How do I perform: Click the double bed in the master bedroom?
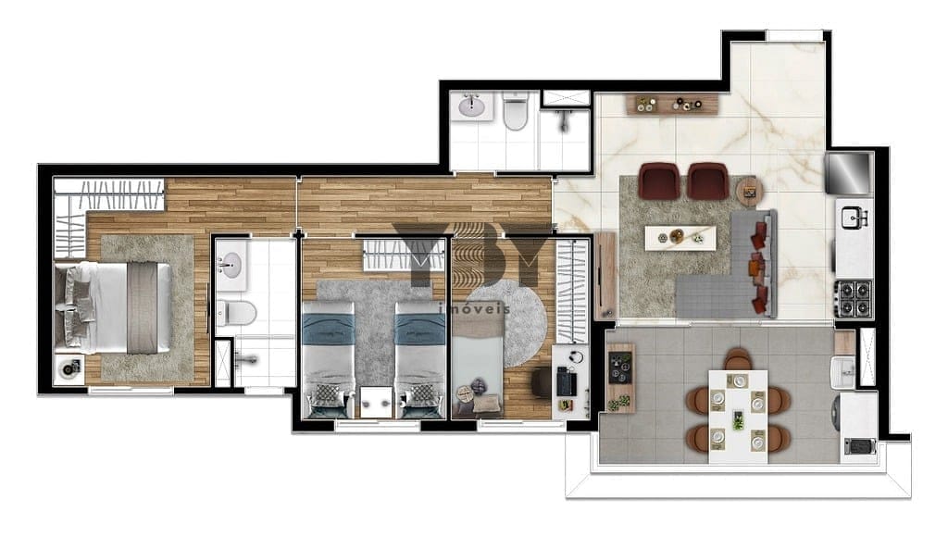click(112, 307)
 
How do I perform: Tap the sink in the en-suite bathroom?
click(230, 264)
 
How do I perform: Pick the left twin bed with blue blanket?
click(328, 359)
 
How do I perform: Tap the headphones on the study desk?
click(576, 356)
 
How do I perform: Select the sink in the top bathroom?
click(471, 106)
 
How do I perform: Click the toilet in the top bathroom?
click(516, 111)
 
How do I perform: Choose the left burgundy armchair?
click(659, 181)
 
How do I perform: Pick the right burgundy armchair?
click(708, 181)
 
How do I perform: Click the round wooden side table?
click(750, 193)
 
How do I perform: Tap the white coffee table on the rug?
click(680, 238)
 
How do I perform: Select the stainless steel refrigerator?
click(850, 173)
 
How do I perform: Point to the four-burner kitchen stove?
click(854, 298)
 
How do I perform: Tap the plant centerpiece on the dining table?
click(738, 420)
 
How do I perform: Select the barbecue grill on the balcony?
click(860, 446)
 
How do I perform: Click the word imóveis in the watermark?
click(474, 309)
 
